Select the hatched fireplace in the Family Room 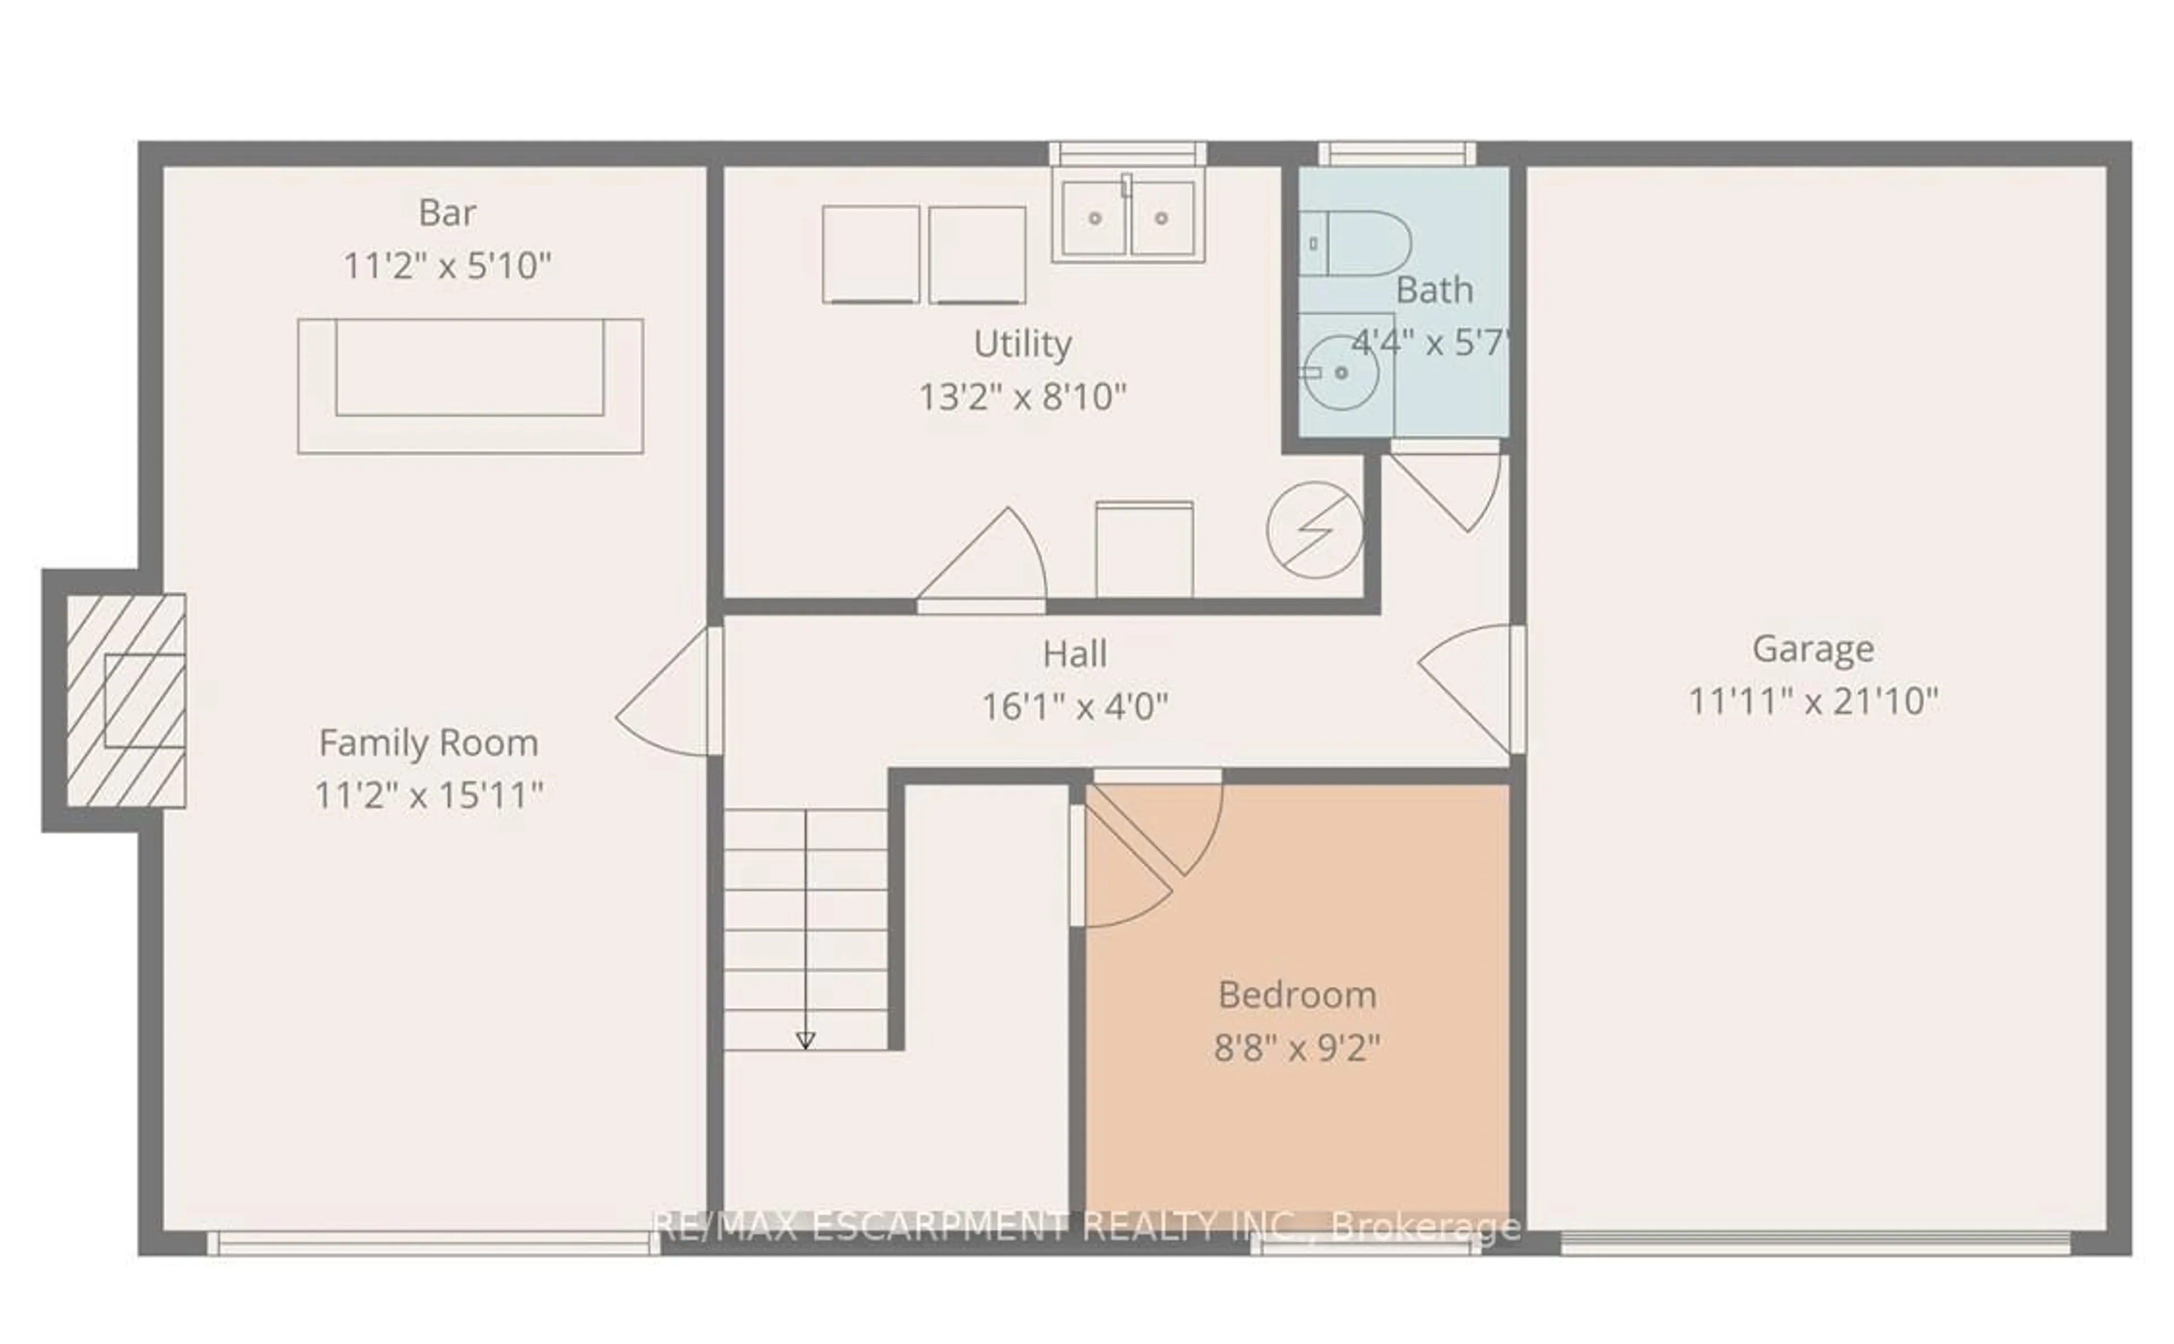tap(125, 701)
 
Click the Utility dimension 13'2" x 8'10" tap(1022, 397)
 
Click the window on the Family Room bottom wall tap(434, 1243)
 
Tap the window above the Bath tap(1397, 154)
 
